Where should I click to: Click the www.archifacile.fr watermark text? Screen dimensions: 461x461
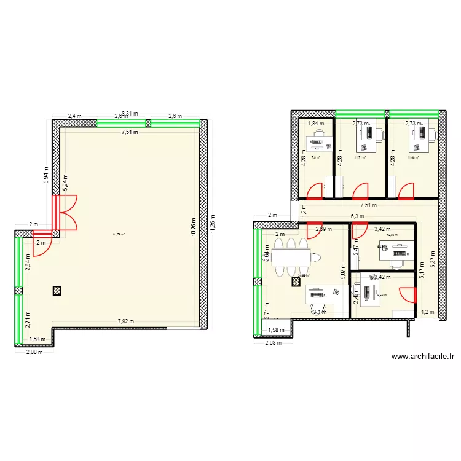422,356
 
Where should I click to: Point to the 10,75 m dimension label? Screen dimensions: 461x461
192,225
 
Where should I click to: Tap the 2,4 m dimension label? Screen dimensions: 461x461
74,116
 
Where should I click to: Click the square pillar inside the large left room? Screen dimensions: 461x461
57,291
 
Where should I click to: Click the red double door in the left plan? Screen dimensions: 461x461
65,212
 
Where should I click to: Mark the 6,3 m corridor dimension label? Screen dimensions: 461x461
357,216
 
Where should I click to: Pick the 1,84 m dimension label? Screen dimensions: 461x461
315,124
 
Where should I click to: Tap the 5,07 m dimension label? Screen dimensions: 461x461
342,268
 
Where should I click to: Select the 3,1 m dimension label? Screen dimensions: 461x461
320,312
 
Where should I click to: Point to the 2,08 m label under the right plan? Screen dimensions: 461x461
273,343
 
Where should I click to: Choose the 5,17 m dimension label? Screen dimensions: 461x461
421,271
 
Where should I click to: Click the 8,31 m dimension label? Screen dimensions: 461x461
130,113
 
